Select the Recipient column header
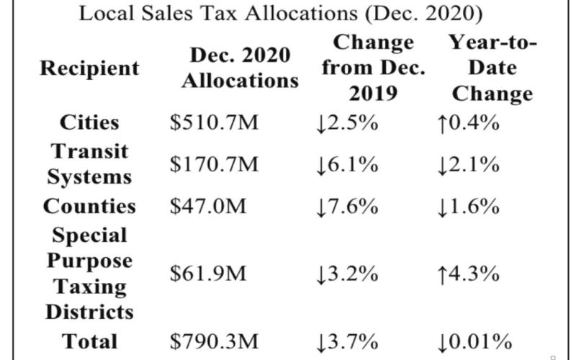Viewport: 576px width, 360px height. click(x=89, y=68)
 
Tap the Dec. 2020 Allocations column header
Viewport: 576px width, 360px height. click(x=240, y=68)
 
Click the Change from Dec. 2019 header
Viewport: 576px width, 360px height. click(x=373, y=68)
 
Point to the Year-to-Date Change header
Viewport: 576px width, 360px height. click(x=492, y=68)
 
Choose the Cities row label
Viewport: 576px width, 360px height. click(x=89, y=122)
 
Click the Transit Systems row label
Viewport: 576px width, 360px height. click(x=89, y=164)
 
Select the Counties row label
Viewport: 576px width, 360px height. click(x=89, y=206)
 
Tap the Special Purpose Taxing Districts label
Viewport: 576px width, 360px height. click(x=89, y=274)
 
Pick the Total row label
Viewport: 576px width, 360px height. click(x=89, y=341)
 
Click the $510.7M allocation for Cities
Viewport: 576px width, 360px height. click(x=214, y=122)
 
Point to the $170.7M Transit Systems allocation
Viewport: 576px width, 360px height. click(x=214, y=164)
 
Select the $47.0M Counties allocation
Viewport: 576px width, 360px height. click(x=207, y=206)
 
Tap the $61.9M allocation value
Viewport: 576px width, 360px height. click(x=207, y=274)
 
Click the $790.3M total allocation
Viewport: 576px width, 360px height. click(x=214, y=341)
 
